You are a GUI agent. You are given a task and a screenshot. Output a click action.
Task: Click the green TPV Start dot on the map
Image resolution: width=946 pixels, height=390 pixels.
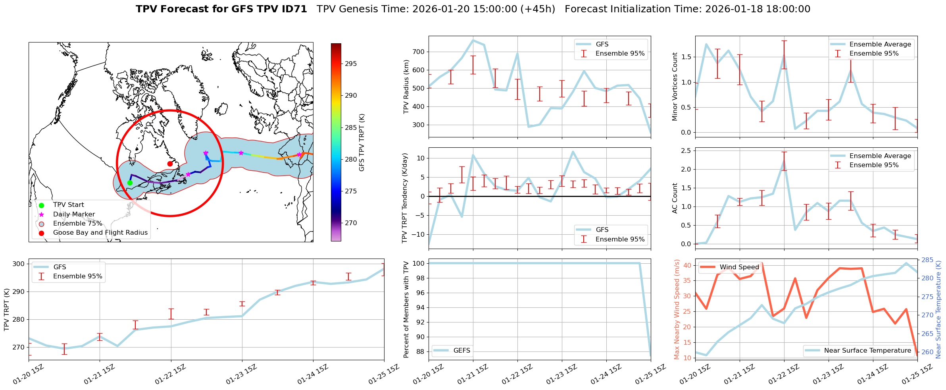click(130, 183)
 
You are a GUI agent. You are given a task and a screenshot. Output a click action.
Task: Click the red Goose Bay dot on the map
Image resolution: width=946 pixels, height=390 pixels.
click(170, 164)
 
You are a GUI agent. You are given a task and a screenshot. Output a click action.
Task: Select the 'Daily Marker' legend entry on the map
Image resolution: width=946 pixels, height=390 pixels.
click(74, 214)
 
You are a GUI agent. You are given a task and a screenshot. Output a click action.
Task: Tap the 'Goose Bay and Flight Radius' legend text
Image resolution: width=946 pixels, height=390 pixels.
click(100, 233)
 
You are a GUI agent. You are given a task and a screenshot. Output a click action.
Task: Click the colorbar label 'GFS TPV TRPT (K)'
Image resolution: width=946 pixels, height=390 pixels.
click(361, 143)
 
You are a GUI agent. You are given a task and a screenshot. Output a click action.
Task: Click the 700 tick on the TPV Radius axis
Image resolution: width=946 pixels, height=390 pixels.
click(419, 52)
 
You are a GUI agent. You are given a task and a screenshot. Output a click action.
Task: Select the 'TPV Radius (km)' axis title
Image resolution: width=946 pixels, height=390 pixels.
click(406, 87)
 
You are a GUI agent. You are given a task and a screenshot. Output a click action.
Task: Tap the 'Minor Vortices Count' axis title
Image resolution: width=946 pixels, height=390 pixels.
click(675, 87)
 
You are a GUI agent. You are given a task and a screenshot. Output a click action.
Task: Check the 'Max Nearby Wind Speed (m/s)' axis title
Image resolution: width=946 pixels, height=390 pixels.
click(677, 309)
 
